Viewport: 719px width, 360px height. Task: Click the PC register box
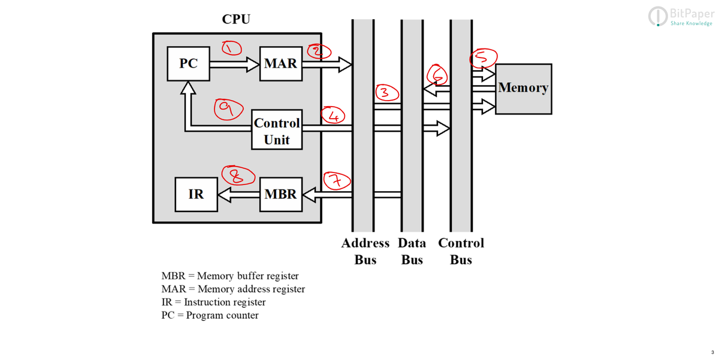point(188,63)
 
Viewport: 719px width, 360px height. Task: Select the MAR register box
point(280,63)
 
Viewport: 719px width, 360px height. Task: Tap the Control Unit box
point(276,131)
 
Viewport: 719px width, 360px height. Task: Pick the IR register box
point(196,194)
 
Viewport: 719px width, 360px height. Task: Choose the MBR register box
point(280,194)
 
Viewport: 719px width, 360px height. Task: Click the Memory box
point(523,88)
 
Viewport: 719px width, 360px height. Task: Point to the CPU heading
point(236,19)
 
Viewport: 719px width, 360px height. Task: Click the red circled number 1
point(231,48)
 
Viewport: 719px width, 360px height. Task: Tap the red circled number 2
point(319,52)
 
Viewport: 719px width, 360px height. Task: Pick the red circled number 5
point(484,58)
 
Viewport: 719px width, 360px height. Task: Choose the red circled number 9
point(228,109)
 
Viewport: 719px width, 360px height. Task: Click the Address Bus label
point(365,251)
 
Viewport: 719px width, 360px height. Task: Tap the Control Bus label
point(461,251)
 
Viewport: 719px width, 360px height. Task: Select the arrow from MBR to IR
point(238,194)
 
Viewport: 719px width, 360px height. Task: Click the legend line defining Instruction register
point(213,302)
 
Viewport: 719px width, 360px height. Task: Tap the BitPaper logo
point(681,16)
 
